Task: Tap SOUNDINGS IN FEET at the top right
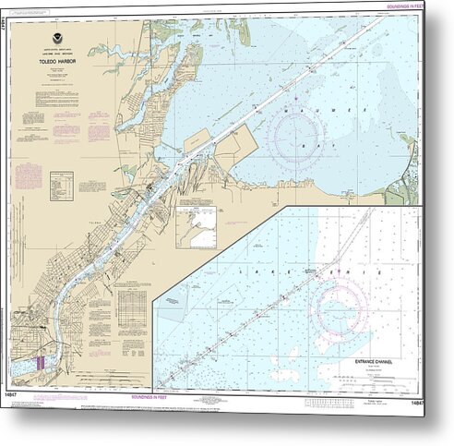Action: point(400,7)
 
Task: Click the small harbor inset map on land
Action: point(195,223)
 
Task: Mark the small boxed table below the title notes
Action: point(62,184)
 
